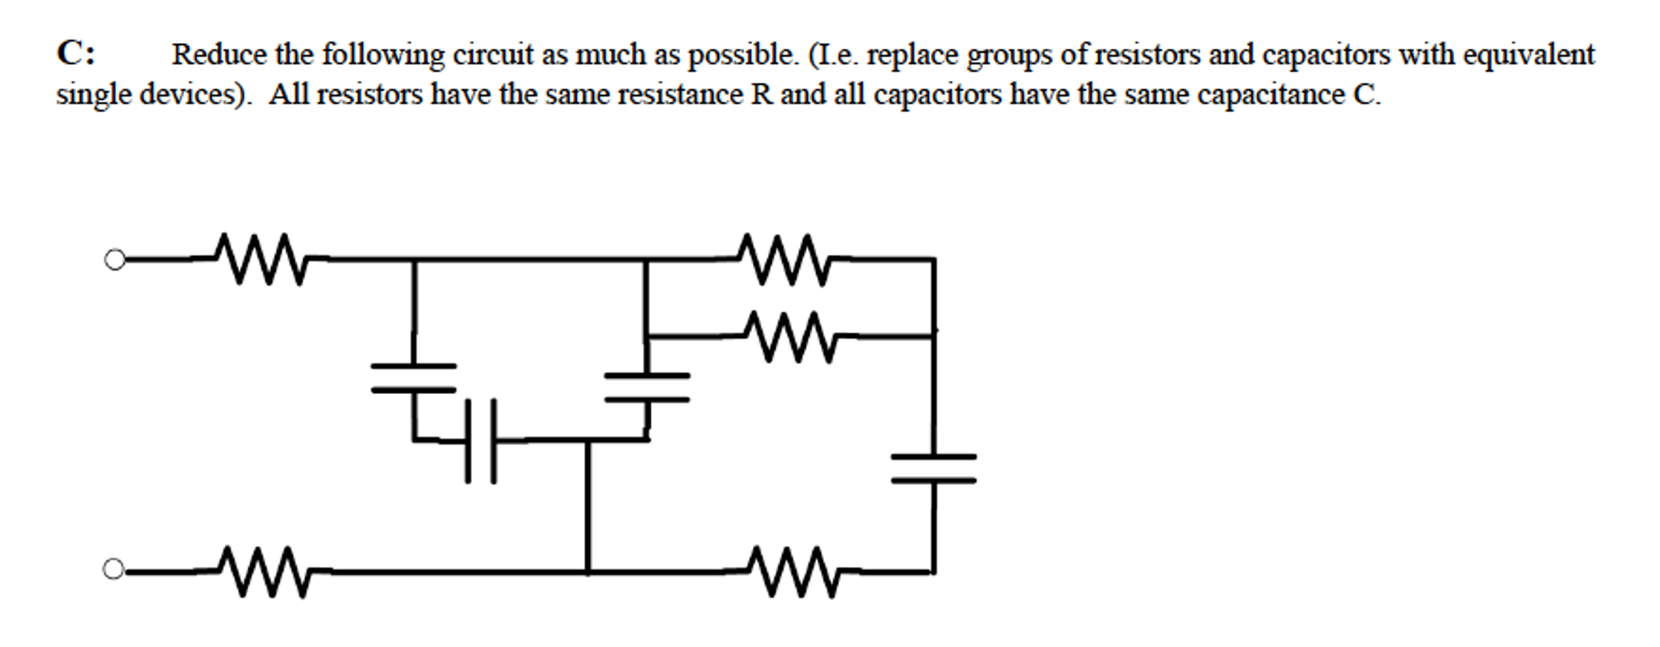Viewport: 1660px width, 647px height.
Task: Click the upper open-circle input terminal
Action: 115,260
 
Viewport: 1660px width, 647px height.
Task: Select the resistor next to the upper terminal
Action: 261,259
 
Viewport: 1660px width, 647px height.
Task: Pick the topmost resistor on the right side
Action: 783,259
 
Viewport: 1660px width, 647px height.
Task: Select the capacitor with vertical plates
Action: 480,441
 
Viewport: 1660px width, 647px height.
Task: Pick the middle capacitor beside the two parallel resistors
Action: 647,388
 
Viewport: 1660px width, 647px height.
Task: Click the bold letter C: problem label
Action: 75,54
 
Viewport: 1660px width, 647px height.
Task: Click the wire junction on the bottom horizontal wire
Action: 587,572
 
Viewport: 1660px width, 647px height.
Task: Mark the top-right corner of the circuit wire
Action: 934,259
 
